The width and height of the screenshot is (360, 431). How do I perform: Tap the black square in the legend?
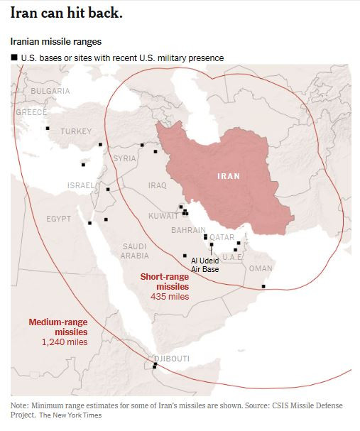click(13, 58)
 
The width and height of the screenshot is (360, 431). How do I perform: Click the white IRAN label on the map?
click(228, 175)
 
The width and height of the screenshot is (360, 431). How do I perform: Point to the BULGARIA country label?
click(50, 91)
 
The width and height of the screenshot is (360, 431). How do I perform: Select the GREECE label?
click(31, 112)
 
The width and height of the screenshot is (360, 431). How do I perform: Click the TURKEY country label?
click(76, 131)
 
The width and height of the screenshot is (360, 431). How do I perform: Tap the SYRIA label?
click(124, 158)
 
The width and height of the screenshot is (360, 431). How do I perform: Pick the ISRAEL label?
click(80, 185)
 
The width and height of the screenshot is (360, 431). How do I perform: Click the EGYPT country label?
click(59, 219)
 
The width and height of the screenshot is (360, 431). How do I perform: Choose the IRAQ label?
click(157, 185)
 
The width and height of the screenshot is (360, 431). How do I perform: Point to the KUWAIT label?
click(163, 216)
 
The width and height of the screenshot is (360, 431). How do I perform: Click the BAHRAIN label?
click(189, 230)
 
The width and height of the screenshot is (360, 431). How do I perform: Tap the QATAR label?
click(222, 237)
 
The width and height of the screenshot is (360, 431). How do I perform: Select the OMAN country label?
click(261, 268)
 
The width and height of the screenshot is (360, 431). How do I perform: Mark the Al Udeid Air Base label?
click(205, 265)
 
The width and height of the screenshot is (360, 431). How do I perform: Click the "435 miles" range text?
click(170, 296)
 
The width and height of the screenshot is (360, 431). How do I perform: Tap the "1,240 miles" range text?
click(65, 342)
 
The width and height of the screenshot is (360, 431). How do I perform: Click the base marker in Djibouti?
click(154, 366)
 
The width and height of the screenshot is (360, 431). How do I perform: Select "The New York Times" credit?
click(70, 415)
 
